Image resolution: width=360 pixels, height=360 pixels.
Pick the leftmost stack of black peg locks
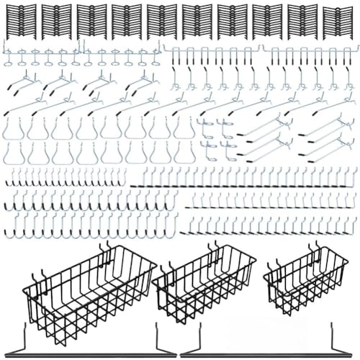pos(19,22)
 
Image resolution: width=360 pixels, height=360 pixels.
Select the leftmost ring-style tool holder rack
pos(40,54)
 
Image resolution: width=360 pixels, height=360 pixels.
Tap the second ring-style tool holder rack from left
pos(119,54)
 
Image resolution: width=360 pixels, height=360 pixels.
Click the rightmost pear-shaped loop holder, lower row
pos(184,153)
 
